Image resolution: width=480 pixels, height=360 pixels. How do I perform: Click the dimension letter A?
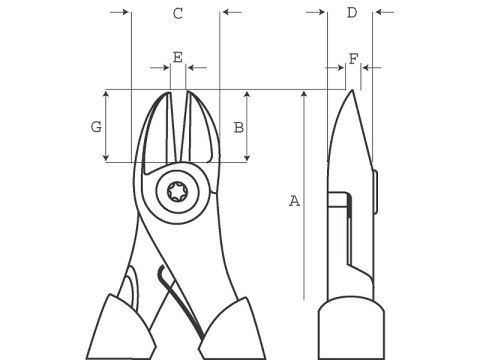[x=294, y=201]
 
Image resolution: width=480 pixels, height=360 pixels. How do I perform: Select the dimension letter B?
[x=238, y=127]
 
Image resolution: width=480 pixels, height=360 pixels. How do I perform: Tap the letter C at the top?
[x=177, y=14]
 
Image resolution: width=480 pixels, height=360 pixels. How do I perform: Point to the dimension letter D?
[x=351, y=13]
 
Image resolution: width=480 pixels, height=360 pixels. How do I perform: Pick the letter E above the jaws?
[x=177, y=57]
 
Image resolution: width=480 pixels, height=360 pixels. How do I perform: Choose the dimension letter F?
[x=352, y=59]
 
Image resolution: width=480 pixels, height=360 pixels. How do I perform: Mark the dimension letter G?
[x=96, y=127]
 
